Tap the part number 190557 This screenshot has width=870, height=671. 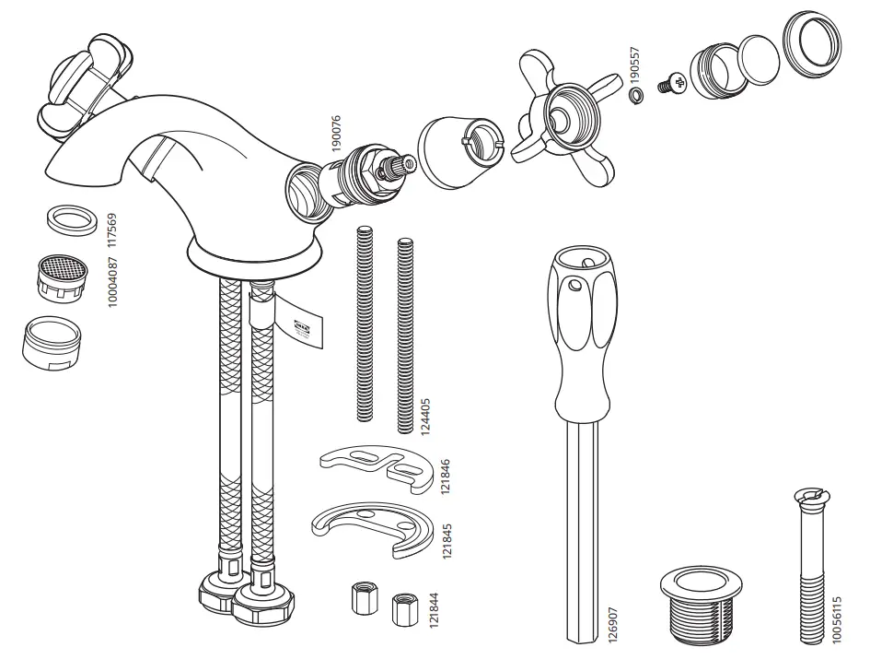pos(634,64)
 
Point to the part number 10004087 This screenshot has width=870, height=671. pos(113,283)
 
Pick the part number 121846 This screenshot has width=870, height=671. pos(447,475)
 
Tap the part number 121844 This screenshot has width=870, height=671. pos(433,611)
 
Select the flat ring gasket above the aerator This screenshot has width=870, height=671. pos(70,221)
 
